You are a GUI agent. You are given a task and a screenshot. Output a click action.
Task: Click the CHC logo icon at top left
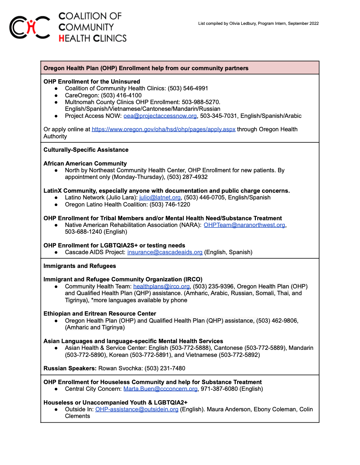[x=30, y=27]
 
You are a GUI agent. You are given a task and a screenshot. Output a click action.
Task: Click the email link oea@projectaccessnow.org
[x=160, y=116]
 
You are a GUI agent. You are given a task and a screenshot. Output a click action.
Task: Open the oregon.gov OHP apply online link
[x=163, y=129]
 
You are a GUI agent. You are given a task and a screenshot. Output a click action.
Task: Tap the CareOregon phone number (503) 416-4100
[x=121, y=95]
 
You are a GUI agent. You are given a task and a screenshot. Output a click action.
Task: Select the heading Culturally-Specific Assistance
[x=86, y=150]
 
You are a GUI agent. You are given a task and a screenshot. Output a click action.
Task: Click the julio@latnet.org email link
[x=160, y=197]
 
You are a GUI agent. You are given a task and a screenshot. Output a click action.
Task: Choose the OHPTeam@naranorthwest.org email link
[x=244, y=225]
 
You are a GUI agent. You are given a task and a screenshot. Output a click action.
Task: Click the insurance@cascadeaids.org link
[x=165, y=252]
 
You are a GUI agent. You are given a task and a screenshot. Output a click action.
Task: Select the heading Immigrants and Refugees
[x=80, y=266]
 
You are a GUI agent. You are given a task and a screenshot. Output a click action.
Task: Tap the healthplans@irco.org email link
[x=161, y=286]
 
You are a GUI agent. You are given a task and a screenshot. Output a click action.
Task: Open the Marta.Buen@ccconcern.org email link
[x=160, y=389]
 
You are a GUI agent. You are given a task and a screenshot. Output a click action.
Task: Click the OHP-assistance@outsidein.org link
[x=137, y=409]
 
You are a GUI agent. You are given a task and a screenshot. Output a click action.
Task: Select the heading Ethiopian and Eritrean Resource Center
[x=100, y=314]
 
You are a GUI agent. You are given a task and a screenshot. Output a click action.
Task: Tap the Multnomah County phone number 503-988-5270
[x=200, y=102]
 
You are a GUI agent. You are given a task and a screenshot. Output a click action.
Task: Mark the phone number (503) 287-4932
[x=187, y=177]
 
